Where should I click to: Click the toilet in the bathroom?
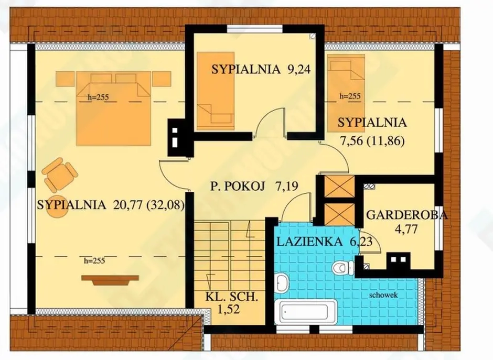click(343, 268)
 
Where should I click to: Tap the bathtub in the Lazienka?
click(306, 311)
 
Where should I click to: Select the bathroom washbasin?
click(282, 283)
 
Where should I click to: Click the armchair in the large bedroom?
click(60, 174)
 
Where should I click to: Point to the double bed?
click(113, 108)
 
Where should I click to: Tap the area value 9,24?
click(299, 69)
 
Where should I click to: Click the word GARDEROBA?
click(407, 215)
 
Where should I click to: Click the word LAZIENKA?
click(309, 242)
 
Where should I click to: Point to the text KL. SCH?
click(232, 297)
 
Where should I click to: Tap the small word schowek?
click(383, 295)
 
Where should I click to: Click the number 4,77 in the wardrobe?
click(406, 228)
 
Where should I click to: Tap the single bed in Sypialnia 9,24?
click(216, 91)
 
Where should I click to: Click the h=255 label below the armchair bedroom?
click(94, 260)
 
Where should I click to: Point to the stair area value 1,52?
click(229, 309)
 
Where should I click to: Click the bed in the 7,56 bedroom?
click(346, 93)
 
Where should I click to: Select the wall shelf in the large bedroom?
click(110, 280)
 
